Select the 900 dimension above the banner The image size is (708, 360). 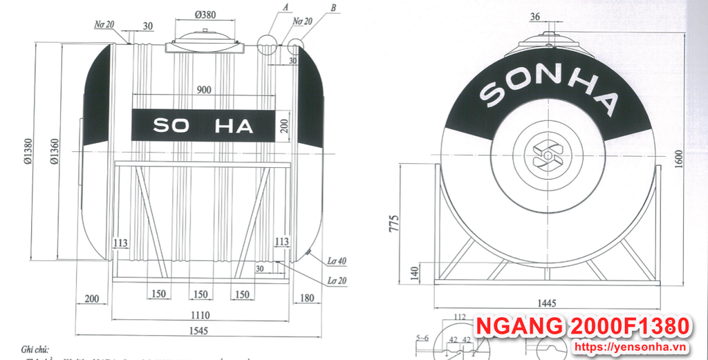(x=203, y=90)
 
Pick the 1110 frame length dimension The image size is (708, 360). (x=200, y=315)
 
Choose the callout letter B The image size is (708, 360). (x=333, y=7)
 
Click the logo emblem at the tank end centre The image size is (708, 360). (x=548, y=155)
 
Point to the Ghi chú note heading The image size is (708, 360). (x=37, y=350)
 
